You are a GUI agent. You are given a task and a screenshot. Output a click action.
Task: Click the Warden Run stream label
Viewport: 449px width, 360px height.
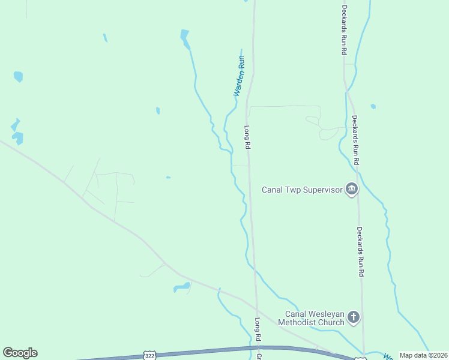pyautogui.click(x=240, y=76)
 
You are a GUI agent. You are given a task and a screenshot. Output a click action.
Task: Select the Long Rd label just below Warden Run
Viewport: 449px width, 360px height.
pyautogui.click(x=247, y=137)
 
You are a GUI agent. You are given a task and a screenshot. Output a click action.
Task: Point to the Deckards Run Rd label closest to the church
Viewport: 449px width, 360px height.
pyautogui.click(x=361, y=251)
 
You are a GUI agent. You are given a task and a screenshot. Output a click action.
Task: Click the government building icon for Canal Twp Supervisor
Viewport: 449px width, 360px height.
pyautogui.click(x=352, y=190)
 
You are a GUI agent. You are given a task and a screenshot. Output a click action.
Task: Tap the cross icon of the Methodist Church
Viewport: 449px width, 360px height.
pyautogui.click(x=354, y=317)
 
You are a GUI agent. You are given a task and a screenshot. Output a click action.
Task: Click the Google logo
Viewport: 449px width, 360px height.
pyautogui.click(x=20, y=353)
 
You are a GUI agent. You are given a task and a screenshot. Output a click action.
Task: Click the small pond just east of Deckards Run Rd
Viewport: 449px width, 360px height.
pyautogui.click(x=373, y=106)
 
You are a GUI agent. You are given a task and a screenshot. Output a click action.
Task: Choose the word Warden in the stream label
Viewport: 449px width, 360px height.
pyautogui.click(x=238, y=85)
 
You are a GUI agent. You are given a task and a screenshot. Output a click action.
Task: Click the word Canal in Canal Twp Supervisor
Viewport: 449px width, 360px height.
pyautogui.click(x=273, y=190)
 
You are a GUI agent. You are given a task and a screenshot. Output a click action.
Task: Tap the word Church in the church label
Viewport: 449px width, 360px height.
pyautogui.click(x=331, y=322)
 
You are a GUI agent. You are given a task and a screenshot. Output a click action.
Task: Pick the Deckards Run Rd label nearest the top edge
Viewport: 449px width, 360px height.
pyautogui.click(x=345, y=30)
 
